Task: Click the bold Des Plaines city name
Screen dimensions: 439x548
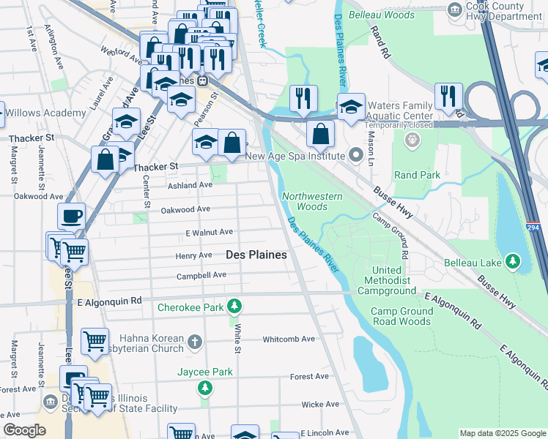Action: (x=256, y=255)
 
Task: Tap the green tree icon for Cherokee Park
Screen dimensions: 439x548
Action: (x=234, y=305)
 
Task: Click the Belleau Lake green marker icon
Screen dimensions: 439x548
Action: (x=514, y=261)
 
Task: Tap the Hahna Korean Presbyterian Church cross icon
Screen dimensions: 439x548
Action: (x=194, y=342)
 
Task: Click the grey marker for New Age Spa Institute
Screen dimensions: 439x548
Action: (x=356, y=154)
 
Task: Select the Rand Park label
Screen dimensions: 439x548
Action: (x=417, y=176)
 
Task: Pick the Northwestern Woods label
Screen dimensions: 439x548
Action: (x=305, y=201)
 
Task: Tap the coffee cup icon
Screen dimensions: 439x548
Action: (x=72, y=217)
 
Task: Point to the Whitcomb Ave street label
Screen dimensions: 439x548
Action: (x=289, y=339)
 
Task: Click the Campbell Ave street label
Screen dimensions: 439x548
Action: (x=201, y=276)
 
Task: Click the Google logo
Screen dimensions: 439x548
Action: (x=24, y=430)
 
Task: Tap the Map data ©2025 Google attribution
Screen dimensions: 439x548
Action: (x=501, y=433)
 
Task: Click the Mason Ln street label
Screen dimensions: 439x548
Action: (x=371, y=135)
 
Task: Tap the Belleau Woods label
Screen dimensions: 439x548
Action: (x=381, y=15)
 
